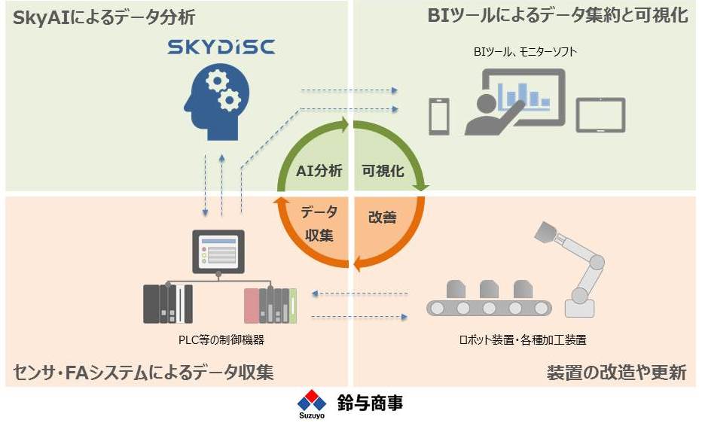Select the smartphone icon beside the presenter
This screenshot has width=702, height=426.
point(438,117)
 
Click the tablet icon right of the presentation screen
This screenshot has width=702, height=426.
point(600,115)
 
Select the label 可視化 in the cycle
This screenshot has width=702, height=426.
point(383,171)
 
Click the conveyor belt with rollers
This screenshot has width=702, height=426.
point(489,307)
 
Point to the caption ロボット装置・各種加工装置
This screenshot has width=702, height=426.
point(523,339)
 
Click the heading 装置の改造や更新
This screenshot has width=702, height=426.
point(615,372)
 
